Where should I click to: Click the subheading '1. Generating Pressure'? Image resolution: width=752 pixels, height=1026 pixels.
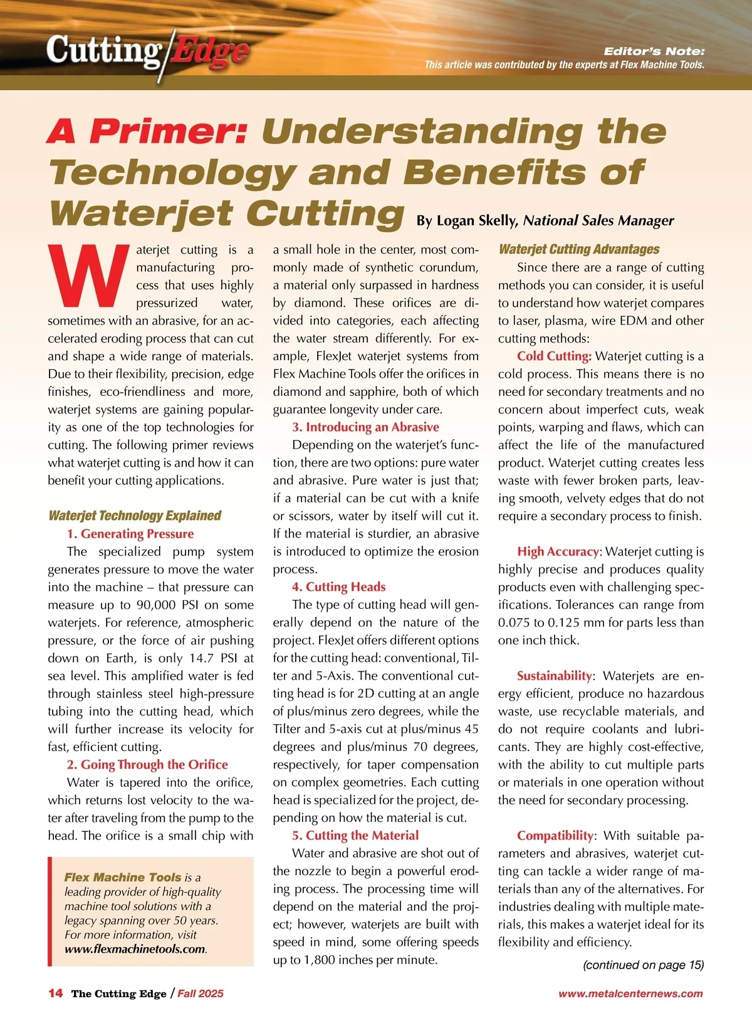(x=130, y=534)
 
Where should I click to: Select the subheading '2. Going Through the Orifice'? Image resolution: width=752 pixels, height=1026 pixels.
(x=147, y=764)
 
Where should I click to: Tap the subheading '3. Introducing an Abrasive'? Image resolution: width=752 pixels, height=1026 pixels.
(x=365, y=427)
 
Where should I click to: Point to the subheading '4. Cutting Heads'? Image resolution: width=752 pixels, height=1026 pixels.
(x=338, y=587)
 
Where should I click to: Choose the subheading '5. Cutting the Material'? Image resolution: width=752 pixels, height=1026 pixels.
(x=355, y=835)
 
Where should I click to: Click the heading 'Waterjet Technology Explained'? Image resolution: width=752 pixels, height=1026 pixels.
(x=135, y=516)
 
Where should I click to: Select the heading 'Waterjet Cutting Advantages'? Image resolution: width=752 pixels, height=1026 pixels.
(x=579, y=249)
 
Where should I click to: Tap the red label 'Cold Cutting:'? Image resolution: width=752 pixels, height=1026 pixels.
(x=554, y=356)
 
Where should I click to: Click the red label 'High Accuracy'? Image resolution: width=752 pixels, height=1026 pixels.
(x=558, y=552)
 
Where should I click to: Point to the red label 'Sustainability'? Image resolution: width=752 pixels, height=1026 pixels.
(x=554, y=676)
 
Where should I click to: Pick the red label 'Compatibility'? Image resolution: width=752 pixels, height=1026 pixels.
(x=555, y=836)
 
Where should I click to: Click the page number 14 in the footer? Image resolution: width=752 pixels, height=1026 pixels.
(x=56, y=993)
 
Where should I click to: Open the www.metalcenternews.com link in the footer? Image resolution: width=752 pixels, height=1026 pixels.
(x=630, y=993)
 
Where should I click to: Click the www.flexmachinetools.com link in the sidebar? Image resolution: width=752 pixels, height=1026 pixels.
(x=135, y=948)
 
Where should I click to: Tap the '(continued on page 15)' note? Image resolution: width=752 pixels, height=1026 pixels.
(x=643, y=965)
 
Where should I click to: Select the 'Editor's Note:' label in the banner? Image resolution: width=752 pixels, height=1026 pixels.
(x=654, y=51)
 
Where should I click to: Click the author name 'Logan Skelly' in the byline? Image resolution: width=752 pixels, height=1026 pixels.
(x=477, y=220)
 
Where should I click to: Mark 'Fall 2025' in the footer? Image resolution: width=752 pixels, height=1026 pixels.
(x=201, y=993)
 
